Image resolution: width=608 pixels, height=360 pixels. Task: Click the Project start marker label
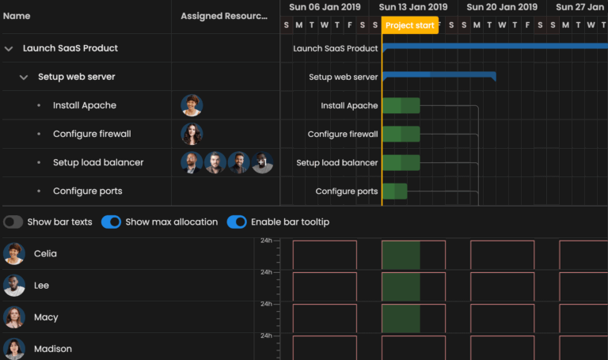point(409,25)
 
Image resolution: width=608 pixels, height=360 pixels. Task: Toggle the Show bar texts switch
point(13,222)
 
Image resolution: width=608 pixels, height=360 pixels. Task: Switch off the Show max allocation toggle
point(112,222)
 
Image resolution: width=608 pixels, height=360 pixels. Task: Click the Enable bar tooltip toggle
point(237,222)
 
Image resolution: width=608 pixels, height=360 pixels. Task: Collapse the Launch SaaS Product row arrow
point(9,48)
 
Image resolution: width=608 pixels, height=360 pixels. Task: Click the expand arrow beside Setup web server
point(24,78)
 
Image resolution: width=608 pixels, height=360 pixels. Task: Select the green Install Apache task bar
point(401,106)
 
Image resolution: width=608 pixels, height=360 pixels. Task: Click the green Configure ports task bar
point(394,191)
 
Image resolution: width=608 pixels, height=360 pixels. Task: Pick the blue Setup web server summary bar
point(439,76)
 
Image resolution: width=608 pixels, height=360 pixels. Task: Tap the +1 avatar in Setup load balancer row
point(263,163)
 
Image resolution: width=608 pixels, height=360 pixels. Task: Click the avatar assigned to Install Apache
point(192,106)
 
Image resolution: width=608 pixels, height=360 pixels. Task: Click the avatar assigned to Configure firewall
point(192,135)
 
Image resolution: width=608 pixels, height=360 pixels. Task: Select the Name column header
point(17,16)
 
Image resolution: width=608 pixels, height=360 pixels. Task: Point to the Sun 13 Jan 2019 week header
point(413,7)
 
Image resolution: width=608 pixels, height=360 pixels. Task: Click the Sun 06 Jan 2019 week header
point(325,7)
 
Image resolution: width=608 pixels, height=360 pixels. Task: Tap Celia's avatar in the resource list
point(14,254)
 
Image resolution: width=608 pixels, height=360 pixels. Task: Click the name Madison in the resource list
point(53,349)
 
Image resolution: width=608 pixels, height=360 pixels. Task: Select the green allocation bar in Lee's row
point(401,286)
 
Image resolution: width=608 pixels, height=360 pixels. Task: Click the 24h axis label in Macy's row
point(267,304)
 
